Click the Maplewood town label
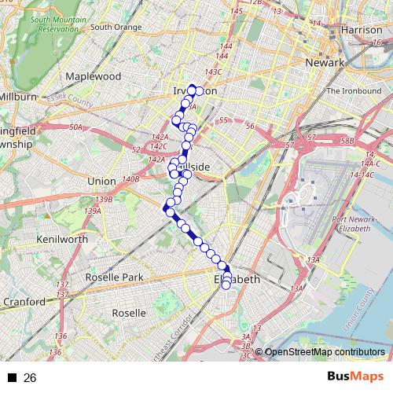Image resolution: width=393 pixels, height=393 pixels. click(x=94, y=77)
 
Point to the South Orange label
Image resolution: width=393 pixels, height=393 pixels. click(x=116, y=28)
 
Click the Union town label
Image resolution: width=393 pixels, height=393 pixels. click(x=101, y=181)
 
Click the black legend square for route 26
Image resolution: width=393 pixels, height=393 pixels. click(x=13, y=378)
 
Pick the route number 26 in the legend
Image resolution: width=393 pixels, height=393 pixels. click(x=30, y=378)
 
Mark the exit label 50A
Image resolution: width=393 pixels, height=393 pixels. click(x=75, y=127)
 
